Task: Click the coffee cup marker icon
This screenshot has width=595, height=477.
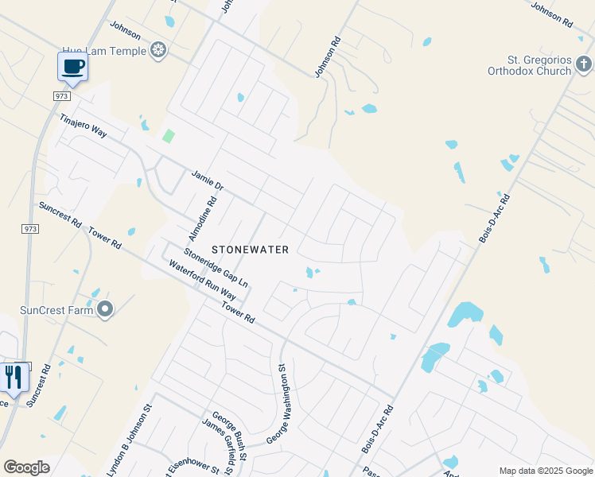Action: [73, 67]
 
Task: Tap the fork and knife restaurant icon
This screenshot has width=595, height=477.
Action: [14, 377]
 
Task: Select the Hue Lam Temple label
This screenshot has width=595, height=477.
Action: [111, 51]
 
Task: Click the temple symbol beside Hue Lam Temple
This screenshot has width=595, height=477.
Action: [158, 51]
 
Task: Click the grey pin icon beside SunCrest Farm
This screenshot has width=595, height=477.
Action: [105, 309]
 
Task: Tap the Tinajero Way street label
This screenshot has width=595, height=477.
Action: [83, 126]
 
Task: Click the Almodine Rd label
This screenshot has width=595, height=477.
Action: [202, 220]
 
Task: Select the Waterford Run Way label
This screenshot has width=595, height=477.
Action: [203, 279]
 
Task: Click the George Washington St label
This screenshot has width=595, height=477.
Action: [278, 404]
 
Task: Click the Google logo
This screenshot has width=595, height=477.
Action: [27, 467]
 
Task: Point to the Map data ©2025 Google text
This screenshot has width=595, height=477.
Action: [545, 471]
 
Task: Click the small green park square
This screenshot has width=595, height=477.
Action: [168, 136]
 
